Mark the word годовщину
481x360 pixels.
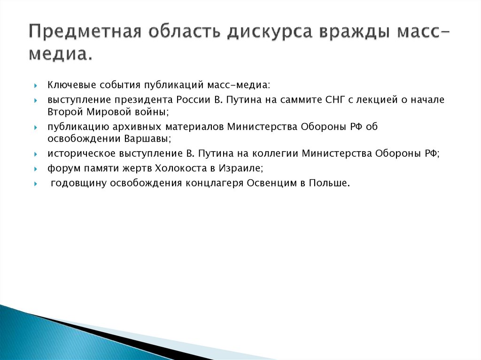click(78, 183)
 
